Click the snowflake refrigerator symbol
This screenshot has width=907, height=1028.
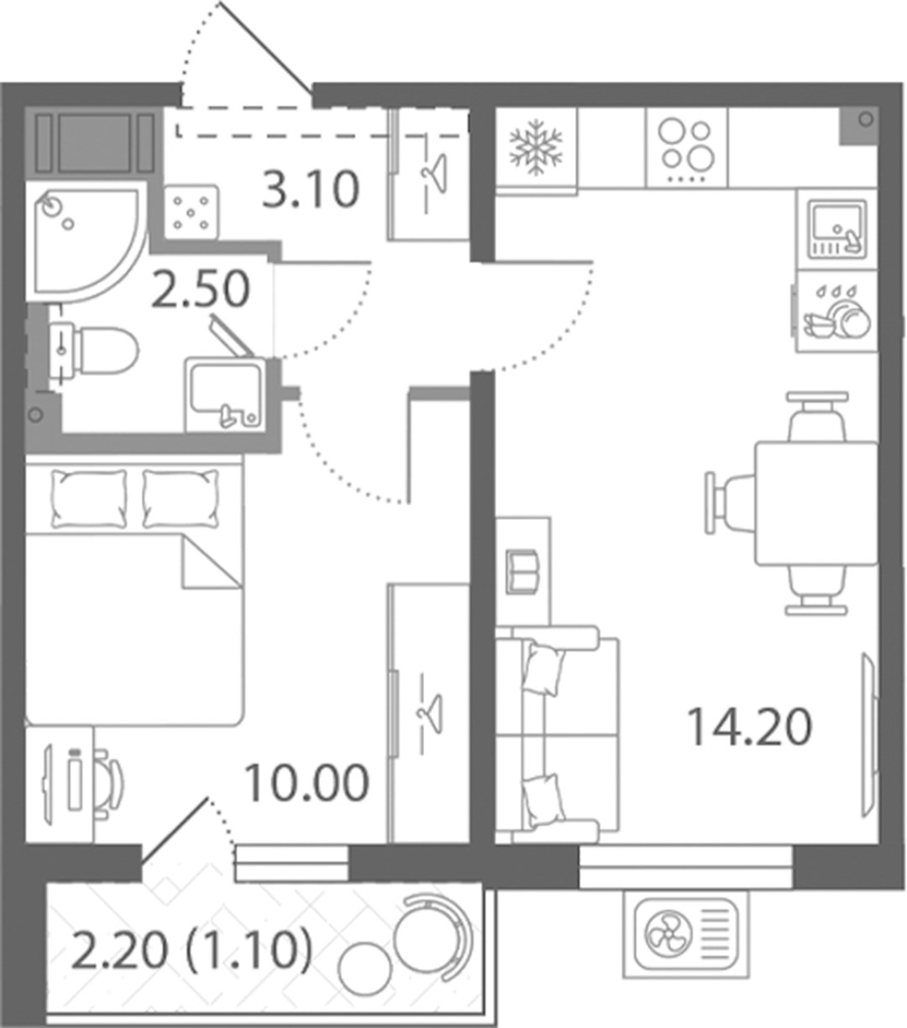(x=537, y=148)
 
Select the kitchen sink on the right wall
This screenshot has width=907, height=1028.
(x=837, y=229)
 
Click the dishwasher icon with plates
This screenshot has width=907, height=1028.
(x=837, y=311)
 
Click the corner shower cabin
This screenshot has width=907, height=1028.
(x=87, y=241)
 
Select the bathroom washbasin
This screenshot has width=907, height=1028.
(x=224, y=394)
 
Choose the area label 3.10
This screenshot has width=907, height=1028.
(x=311, y=190)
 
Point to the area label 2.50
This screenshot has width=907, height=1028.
(x=201, y=290)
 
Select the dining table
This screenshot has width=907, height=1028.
(x=816, y=503)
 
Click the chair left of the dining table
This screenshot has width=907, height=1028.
(x=730, y=503)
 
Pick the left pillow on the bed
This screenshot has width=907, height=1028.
(x=89, y=498)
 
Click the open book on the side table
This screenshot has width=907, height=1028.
(x=522, y=571)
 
